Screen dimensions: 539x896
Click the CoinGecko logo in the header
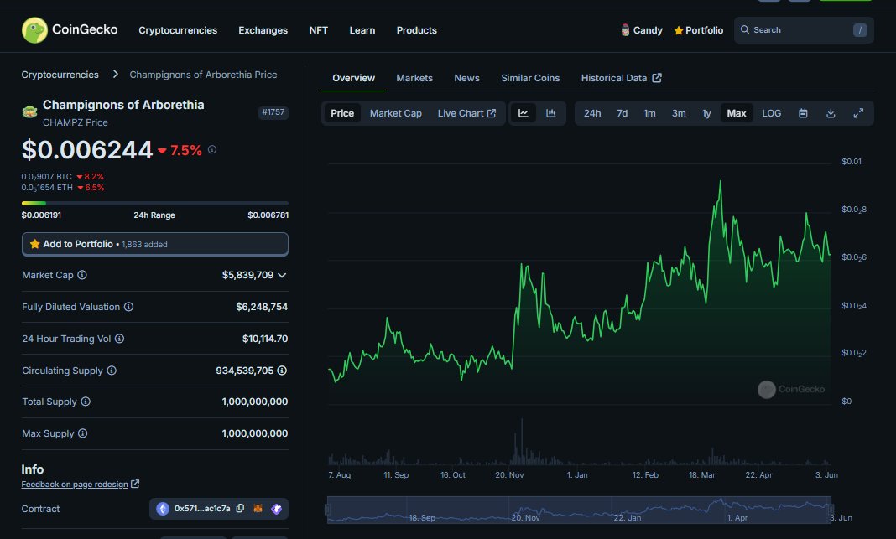click(70, 30)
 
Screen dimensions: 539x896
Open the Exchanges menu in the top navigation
click(263, 30)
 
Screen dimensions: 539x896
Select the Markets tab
click(414, 78)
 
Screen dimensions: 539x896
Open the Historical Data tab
click(621, 78)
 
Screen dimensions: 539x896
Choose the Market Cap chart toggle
click(395, 113)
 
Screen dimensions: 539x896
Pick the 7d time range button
click(622, 113)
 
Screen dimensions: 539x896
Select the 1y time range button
click(706, 113)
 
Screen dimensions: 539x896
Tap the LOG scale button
click(771, 113)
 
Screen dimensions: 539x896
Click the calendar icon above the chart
click(803, 113)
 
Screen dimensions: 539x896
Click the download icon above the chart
click(831, 113)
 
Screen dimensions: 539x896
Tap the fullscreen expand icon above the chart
click(858, 113)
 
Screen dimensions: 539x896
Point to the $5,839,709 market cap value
click(247, 275)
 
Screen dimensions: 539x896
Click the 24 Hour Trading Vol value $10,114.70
click(264, 339)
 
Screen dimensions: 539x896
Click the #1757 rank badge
click(273, 112)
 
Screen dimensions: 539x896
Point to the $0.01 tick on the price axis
click(852, 161)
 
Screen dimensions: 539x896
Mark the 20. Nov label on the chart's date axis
click(509, 475)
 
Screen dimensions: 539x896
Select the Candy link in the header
click(642, 30)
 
